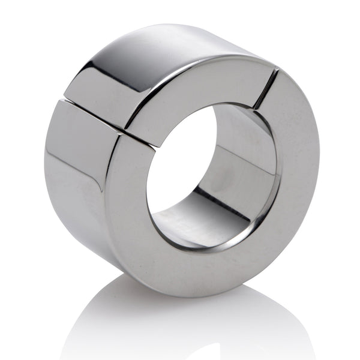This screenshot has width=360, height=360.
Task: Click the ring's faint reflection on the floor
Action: (180, 324)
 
